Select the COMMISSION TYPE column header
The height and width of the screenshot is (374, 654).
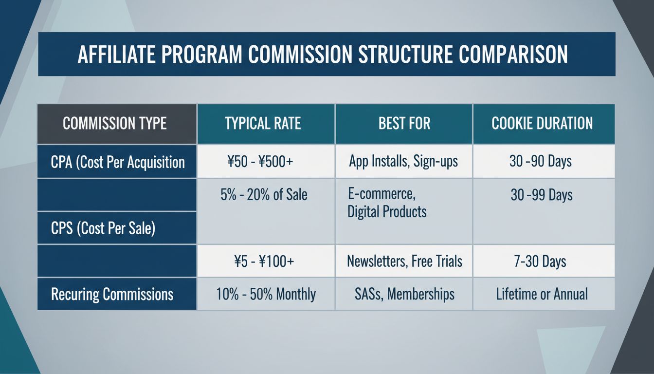click(x=115, y=123)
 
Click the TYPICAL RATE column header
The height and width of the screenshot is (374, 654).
click(x=263, y=123)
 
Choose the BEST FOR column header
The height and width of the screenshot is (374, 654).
click(x=404, y=123)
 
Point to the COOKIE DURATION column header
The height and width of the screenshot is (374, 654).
click(x=542, y=123)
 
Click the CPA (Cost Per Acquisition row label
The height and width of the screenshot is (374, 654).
click(x=118, y=162)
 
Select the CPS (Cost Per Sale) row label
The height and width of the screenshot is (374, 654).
click(x=103, y=228)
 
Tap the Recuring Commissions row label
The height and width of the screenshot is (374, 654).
click(x=112, y=294)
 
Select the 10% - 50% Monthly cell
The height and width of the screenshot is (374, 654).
click(x=266, y=294)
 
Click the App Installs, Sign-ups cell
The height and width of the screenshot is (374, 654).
click(x=403, y=162)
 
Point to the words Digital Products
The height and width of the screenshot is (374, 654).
click(x=387, y=211)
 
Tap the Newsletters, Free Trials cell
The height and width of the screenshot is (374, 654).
click(x=404, y=262)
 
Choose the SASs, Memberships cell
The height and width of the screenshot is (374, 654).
click(x=404, y=294)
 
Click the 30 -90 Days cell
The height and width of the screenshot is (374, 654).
click(x=540, y=162)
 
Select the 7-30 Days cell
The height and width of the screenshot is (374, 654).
click(x=540, y=262)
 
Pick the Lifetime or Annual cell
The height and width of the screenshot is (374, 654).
click(x=542, y=294)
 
